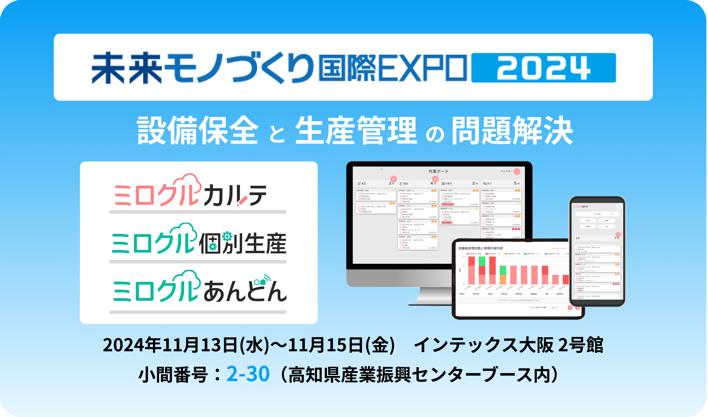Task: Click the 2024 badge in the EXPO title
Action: point(543,68)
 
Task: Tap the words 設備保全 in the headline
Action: point(198,131)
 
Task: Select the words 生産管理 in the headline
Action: point(356,131)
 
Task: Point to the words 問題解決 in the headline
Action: point(512,131)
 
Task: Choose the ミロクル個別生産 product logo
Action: point(198,241)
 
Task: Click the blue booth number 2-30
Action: point(248,374)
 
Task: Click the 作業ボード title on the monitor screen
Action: point(438,171)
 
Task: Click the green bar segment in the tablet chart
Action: point(482,261)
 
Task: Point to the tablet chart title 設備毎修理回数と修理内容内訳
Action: point(481,248)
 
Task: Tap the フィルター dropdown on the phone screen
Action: point(598,214)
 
